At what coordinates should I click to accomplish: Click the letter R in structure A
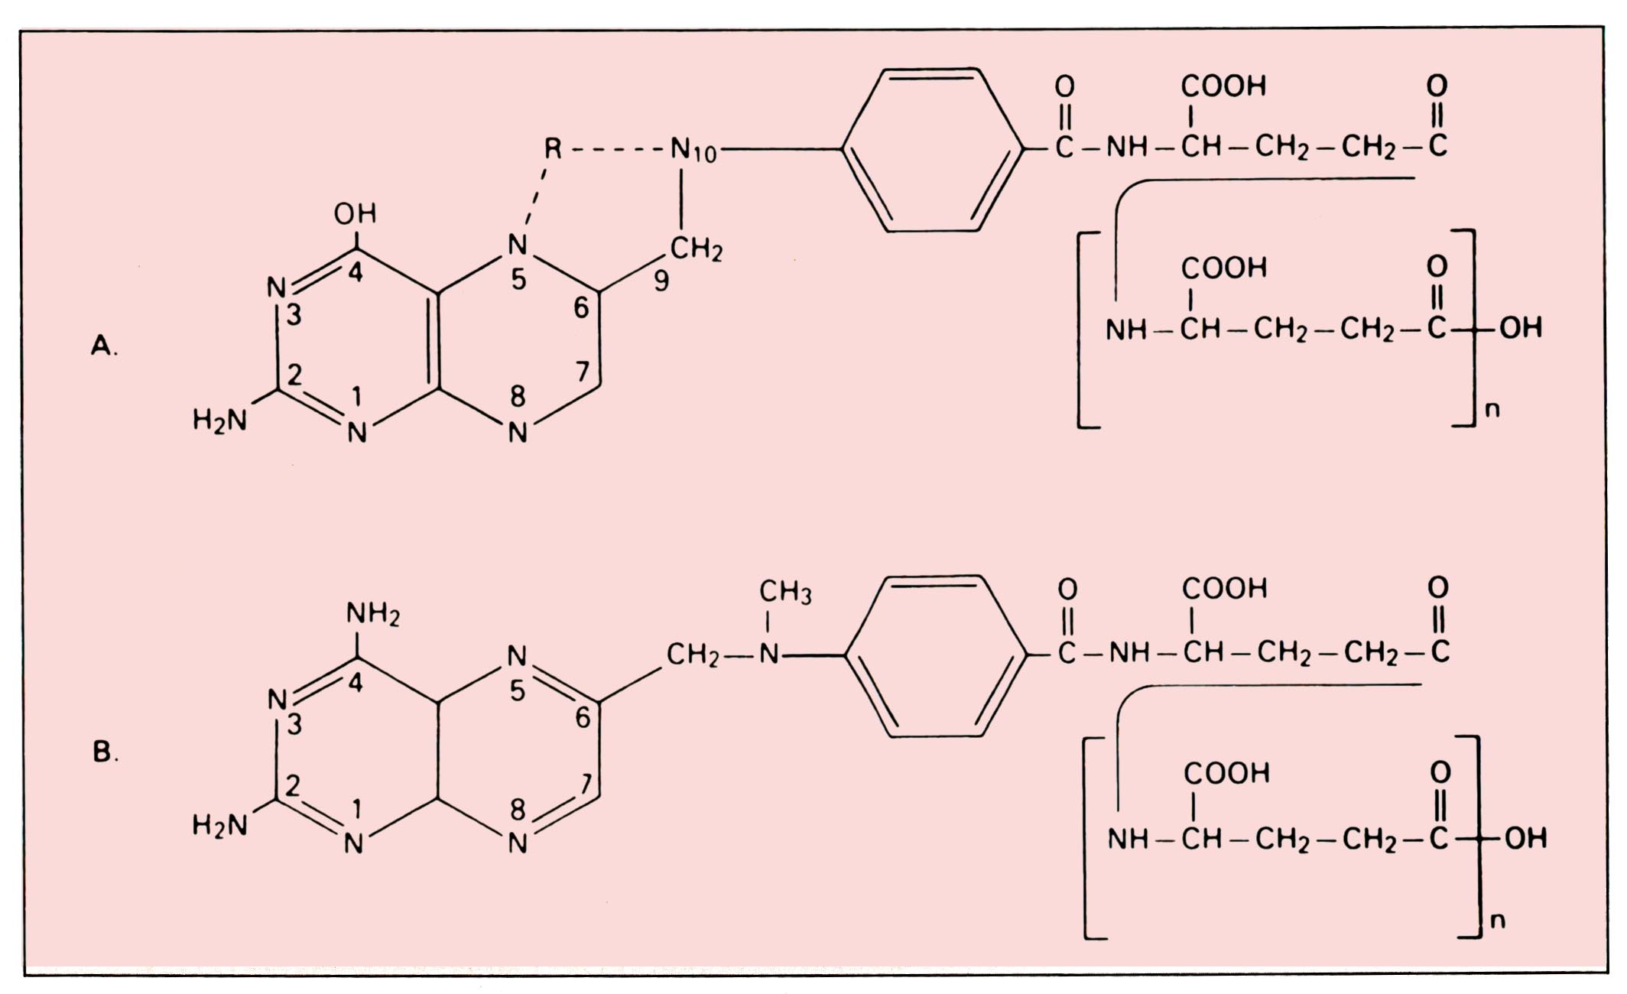[x=553, y=148]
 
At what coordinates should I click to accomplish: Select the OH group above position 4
[x=355, y=213]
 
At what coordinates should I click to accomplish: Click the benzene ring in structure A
[x=932, y=150]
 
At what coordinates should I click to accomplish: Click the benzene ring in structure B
[x=936, y=656]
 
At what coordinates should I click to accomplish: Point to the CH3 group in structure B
[x=784, y=592]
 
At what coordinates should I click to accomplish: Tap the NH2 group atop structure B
[x=372, y=613]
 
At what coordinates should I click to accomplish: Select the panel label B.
[x=104, y=752]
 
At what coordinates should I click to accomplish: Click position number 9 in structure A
[x=661, y=281]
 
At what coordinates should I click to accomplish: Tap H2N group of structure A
[x=220, y=420]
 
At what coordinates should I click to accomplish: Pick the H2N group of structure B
[x=220, y=825]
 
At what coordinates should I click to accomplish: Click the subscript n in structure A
[x=1492, y=411]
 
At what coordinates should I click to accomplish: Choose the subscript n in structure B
[x=1498, y=920]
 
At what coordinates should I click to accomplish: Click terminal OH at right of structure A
[x=1521, y=328]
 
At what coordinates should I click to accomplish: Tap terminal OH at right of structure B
[x=1526, y=838]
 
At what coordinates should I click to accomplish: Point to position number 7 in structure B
[x=586, y=784]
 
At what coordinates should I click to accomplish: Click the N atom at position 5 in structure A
[x=518, y=245]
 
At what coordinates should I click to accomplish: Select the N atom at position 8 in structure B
[x=518, y=843]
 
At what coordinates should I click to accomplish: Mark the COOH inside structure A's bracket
[x=1223, y=268]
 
